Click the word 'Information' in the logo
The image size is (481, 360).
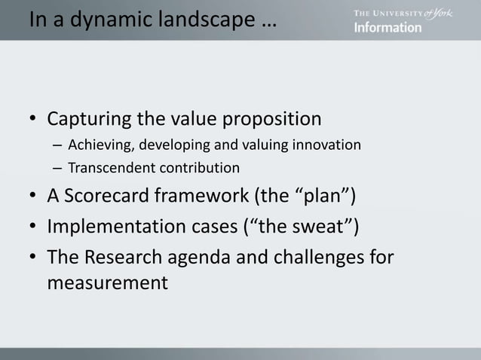click(x=388, y=27)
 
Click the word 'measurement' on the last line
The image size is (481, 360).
click(x=106, y=283)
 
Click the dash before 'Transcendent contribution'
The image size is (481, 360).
click(x=57, y=167)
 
